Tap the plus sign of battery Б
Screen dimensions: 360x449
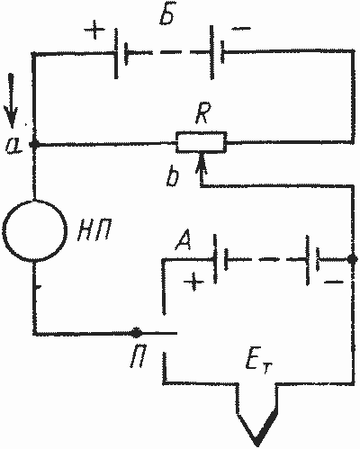coord(94,30)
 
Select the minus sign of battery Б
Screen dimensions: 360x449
coord(240,29)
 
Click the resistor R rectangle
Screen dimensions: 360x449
coord(201,142)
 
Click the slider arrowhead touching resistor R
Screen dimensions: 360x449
coord(202,161)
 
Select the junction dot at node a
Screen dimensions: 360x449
coord(34,144)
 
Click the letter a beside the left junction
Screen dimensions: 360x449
coord(14,147)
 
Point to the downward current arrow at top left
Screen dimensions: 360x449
coord(12,101)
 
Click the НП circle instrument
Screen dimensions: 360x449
coord(34,229)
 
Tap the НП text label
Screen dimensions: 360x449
coord(92,231)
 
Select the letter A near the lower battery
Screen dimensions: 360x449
coord(184,241)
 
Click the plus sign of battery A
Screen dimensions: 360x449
coord(193,282)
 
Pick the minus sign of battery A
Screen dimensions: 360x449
coord(334,282)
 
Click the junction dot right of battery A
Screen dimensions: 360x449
coord(352,258)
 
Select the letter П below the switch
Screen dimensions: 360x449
coord(139,358)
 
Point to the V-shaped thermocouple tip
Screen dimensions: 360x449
coord(256,442)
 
